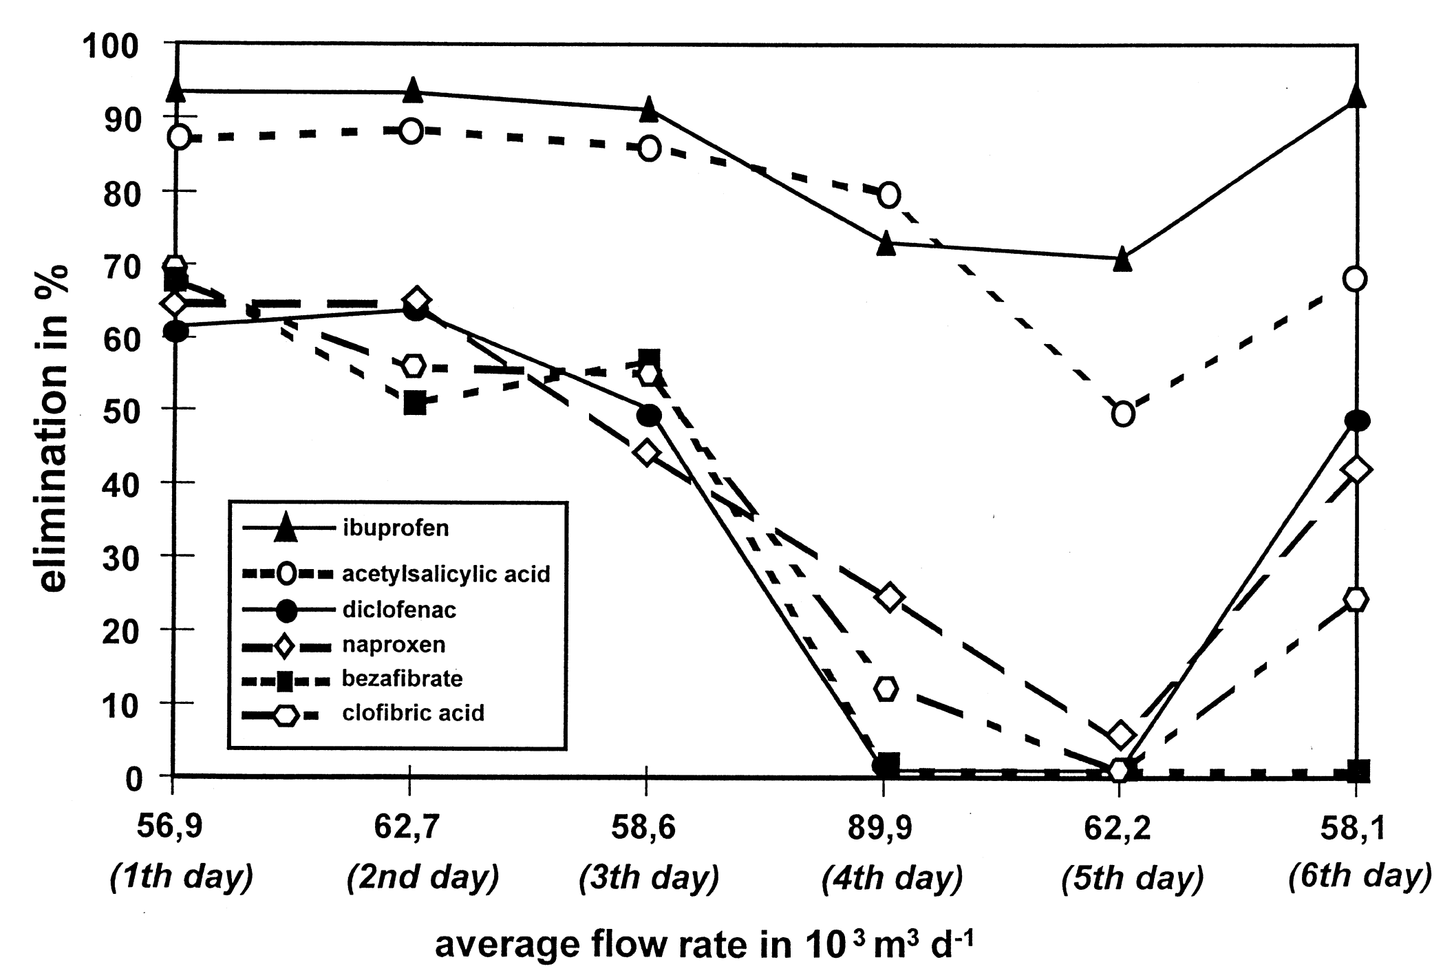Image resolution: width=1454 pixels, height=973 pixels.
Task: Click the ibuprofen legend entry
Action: click(395, 528)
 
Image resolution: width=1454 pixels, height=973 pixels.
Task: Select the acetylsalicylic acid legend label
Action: click(446, 574)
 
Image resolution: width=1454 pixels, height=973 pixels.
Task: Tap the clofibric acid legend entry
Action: click(413, 713)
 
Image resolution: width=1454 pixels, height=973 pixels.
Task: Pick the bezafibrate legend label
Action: click(402, 679)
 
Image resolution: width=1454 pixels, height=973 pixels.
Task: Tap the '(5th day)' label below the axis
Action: click(1133, 879)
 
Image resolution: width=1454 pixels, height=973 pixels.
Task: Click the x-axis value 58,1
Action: click(1353, 828)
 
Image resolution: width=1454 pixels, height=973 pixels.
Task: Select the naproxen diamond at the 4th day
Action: click(889, 597)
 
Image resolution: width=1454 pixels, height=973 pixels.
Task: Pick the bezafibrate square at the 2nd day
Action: click(415, 403)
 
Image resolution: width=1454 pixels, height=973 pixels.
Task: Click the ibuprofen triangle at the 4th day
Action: click(886, 244)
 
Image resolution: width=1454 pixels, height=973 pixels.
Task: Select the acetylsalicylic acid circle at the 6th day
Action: click(1355, 279)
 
